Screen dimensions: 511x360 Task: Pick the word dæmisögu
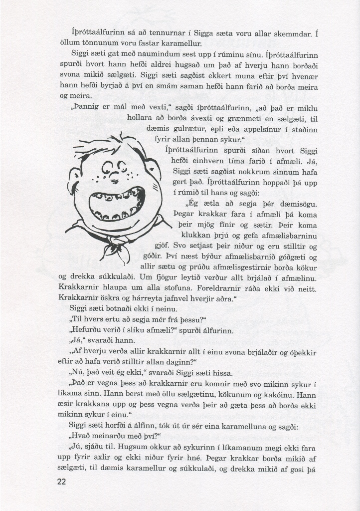click(x=300, y=204)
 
